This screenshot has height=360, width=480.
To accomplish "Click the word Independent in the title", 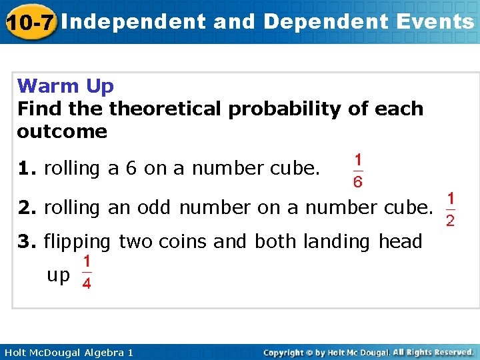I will click(x=137, y=22).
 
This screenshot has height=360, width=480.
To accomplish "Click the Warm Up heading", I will click(x=66, y=86).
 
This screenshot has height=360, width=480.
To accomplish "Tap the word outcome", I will click(x=62, y=131).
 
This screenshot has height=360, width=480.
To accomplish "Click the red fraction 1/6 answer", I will click(x=358, y=171).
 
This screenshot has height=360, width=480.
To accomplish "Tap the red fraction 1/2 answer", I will click(x=451, y=209).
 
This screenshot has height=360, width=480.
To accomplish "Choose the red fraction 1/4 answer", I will click(x=87, y=273).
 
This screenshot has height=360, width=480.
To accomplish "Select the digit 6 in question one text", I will click(x=131, y=169).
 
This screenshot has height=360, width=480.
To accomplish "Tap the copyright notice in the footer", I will click(x=369, y=352).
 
